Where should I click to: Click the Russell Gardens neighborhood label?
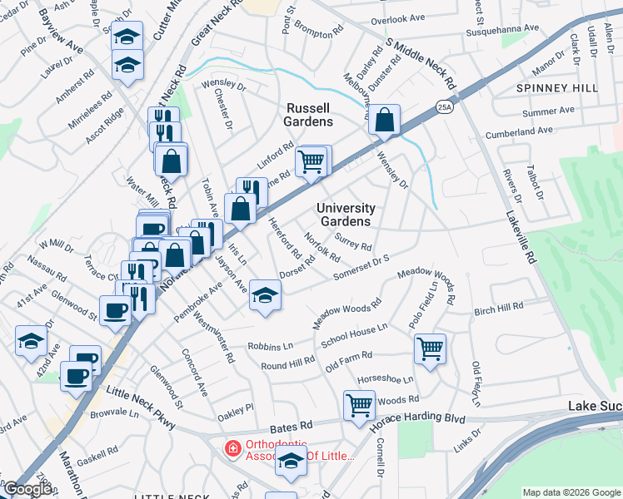pyautogui.click(x=310, y=115)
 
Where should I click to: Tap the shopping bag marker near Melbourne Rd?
pyautogui.click(x=385, y=121)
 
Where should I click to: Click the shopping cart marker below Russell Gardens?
pyautogui.click(x=311, y=161)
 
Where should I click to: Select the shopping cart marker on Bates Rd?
pyautogui.click(x=359, y=406)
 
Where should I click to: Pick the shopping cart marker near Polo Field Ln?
pyautogui.click(x=430, y=348)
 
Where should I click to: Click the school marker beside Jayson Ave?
pyautogui.click(x=265, y=295)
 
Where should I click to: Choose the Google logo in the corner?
pyautogui.click(x=27, y=490)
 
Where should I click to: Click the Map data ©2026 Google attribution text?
pyautogui.click(x=571, y=492)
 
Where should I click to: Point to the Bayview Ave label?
pyautogui.click(x=57, y=32)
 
